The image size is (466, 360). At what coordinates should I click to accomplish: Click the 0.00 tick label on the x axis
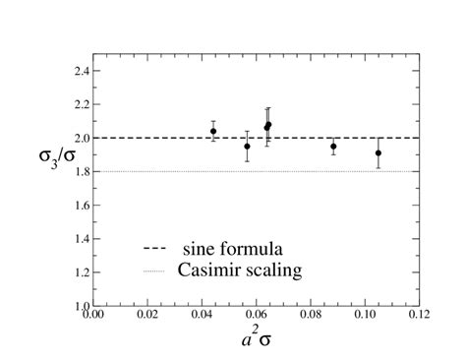tap(92, 317)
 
